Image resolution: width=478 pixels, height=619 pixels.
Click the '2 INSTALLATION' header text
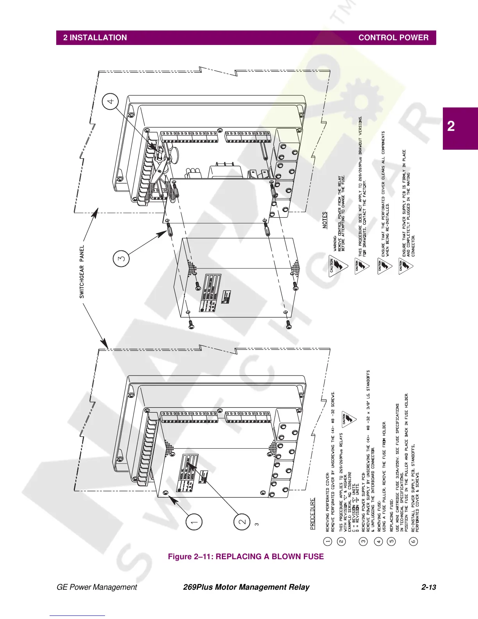(95, 38)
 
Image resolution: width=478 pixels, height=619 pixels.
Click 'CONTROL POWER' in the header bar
(393, 38)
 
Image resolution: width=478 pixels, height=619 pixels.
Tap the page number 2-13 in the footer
(428, 587)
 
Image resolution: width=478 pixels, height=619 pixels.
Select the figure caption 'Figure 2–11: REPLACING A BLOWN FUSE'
(246, 556)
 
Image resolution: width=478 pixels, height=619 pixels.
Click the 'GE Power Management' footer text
(97, 587)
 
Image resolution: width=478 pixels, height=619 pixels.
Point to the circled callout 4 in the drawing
(111, 101)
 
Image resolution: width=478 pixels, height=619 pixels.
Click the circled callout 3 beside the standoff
(121, 259)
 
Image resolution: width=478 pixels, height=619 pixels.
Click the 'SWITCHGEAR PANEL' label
(82, 272)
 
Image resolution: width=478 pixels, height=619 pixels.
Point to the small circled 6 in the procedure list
(414, 541)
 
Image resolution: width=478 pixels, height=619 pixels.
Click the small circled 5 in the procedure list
(392, 541)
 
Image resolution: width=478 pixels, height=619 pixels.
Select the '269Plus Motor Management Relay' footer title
(246, 587)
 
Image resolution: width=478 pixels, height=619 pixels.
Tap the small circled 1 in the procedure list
(328, 541)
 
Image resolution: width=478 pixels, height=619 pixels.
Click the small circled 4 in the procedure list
(378, 541)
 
